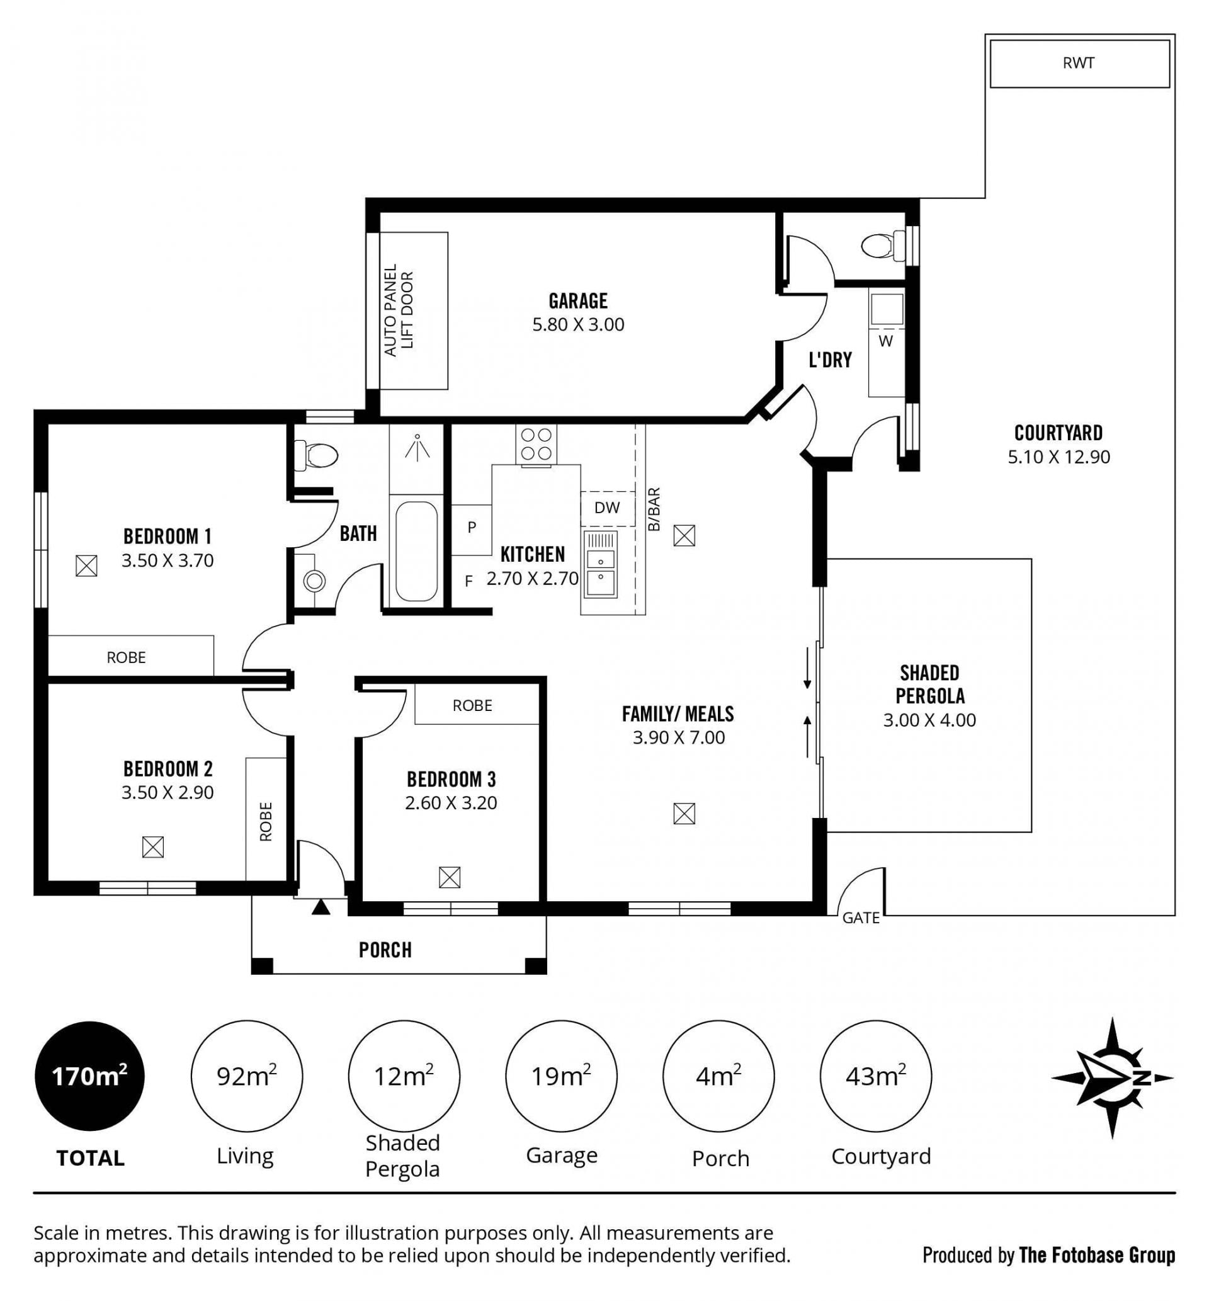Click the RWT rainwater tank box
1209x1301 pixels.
1079,64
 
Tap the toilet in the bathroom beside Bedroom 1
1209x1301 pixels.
315,455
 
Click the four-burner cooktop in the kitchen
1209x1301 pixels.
536,445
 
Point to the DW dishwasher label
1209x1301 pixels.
607,508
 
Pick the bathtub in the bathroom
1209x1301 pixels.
417,552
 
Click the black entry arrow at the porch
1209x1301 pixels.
321,907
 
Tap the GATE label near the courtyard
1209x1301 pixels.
861,918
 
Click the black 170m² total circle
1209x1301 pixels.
89,1076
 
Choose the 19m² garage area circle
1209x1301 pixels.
561,1076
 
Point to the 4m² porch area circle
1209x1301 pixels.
718,1076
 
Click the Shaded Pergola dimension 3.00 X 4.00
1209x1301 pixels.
929,720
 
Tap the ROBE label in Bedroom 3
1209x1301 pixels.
472,706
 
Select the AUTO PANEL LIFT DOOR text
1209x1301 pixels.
399,310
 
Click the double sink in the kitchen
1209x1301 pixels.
601,565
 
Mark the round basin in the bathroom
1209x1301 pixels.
315,581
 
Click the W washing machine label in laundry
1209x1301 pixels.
886,341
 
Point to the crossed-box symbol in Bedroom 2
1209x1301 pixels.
153,848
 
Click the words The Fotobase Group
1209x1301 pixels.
1097,1255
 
